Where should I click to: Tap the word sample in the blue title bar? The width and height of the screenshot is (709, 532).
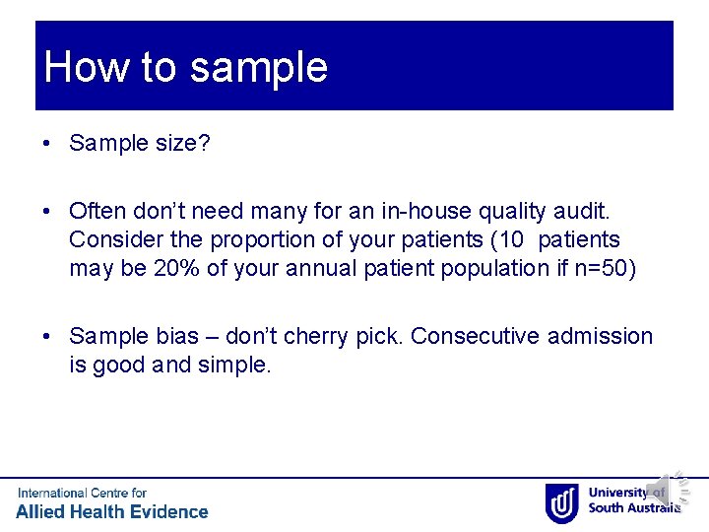coord(258,69)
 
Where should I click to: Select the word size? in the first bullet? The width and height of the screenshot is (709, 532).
coord(183,144)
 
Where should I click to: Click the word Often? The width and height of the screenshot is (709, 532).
coord(97,211)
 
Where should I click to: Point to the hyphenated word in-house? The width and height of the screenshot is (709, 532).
coord(447,211)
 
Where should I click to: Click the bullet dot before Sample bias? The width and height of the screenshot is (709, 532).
coord(48,337)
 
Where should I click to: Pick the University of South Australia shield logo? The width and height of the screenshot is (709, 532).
coord(561,502)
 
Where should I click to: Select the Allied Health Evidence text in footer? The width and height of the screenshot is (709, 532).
coord(112,511)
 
